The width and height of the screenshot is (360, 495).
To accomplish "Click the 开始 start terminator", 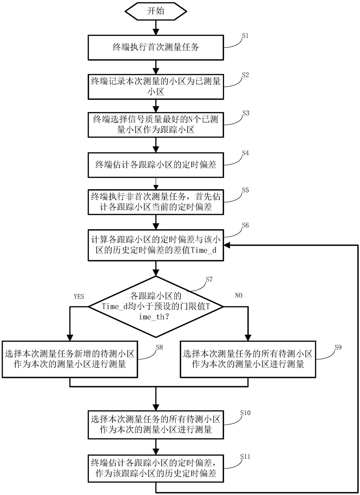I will [x=155, y=11].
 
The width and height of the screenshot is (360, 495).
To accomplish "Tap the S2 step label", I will [x=245, y=75].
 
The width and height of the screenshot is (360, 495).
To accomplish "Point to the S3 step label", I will [x=245, y=113].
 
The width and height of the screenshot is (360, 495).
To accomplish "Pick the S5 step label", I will [x=245, y=190].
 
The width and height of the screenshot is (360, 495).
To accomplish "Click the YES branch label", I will [x=79, y=296].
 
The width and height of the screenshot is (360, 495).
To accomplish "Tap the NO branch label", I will [x=238, y=296].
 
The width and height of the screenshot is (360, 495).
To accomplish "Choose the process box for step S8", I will [x=70, y=359].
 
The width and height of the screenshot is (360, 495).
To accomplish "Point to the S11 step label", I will [x=245, y=457].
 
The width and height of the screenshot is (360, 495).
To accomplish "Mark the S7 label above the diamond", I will [x=209, y=279].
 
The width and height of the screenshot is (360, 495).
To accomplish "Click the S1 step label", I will [x=245, y=36].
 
